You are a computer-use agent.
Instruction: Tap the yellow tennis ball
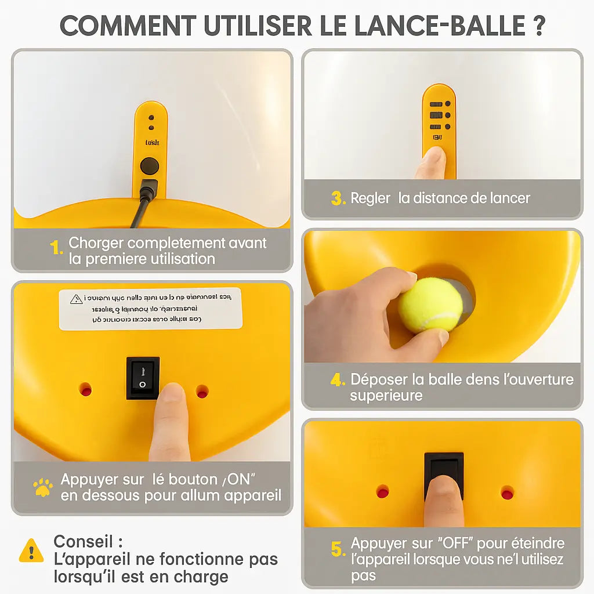click(430, 305)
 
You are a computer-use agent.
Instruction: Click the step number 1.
click(56, 248)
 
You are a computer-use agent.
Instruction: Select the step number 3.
click(338, 198)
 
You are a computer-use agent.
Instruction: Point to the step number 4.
click(338, 381)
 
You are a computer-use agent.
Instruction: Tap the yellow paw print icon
click(42, 487)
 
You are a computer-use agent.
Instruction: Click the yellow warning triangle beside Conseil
click(31, 550)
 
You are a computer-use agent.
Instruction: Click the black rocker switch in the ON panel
click(143, 378)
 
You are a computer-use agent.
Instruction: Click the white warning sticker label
click(150, 309)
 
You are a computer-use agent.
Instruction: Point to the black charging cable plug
click(147, 191)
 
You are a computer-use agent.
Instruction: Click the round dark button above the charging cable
click(150, 166)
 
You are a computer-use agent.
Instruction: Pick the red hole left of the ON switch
click(86, 389)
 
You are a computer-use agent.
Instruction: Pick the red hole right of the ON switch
click(202, 392)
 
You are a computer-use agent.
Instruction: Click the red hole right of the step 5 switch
click(507, 492)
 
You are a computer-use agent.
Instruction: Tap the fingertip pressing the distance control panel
click(433, 158)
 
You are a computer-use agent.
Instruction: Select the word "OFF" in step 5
click(456, 544)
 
